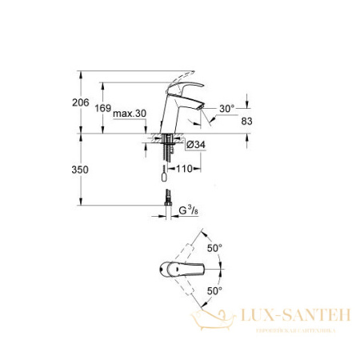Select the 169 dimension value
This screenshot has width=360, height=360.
117,109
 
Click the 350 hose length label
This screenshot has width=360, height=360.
91,170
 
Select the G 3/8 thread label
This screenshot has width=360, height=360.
189,211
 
